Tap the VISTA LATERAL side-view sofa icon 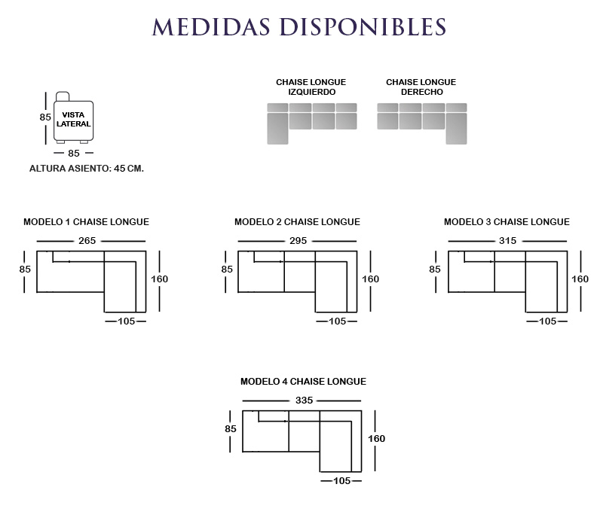(72, 118)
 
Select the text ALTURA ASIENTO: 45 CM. (86, 169)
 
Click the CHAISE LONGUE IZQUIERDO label (311, 87)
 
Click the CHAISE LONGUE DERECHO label (421, 87)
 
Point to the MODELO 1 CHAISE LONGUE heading (86, 222)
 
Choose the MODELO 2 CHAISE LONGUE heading (297, 222)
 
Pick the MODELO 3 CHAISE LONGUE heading (507, 222)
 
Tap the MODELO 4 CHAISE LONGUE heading (303, 382)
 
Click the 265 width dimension (87, 241)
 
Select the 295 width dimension (298, 241)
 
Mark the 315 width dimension (507, 241)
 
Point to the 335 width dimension (304, 401)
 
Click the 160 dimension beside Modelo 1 (159, 279)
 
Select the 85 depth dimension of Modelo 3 (435, 269)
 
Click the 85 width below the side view (74, 154)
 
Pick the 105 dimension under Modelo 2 (337, 321)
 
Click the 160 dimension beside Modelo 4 (376, 439)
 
